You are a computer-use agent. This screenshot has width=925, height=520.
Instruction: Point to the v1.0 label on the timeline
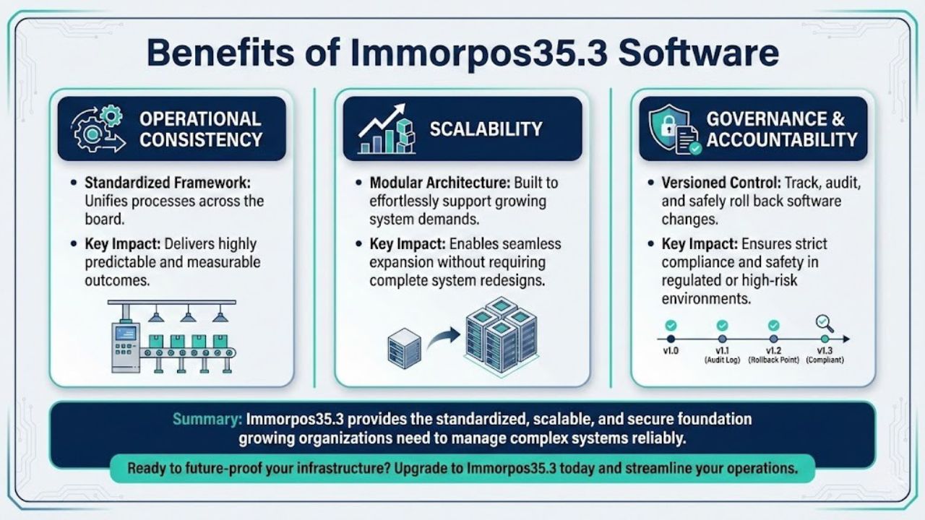[x=671, y=350]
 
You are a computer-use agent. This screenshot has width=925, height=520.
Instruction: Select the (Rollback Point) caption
[x=774, y=360]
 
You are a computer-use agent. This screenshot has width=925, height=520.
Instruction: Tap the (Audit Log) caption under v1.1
[x=722, y=360]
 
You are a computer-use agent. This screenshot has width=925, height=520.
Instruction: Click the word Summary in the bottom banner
[x=207, y=419]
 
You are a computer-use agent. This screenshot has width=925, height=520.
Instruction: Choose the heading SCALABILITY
[x=486, y=129]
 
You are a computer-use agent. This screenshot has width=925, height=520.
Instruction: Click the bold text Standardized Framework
[x=168, y=183]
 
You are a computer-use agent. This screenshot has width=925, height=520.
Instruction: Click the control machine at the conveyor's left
[x=125, y=345]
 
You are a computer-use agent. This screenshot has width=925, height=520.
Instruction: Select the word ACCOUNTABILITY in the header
[x=781, y=139]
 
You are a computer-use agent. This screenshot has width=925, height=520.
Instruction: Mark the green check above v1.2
[x=774, y=326]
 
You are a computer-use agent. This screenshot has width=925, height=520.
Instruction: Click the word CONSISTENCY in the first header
[x=200, y=139]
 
